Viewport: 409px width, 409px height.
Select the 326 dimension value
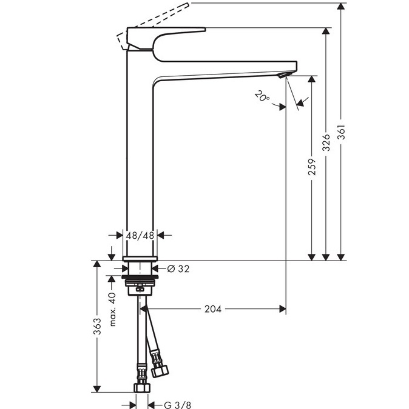pos(326,143)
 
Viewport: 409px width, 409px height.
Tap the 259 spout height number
pos(311,167)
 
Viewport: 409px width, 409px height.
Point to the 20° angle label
pos(262,96)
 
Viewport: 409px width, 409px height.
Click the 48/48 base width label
pos(140,236)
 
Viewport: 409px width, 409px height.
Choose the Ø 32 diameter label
pos(178,268)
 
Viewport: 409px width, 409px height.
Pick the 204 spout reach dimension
pos(213,309)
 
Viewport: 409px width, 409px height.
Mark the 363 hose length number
pos(97,326)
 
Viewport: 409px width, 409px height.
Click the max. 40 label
pos(112,310)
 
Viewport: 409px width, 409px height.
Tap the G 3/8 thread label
pos(178,405)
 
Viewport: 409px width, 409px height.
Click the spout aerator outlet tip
pos(283,76)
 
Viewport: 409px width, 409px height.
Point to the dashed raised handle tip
pos(188,4)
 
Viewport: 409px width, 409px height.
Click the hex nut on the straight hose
pos(142,388)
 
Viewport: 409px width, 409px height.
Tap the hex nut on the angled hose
pos(160,371)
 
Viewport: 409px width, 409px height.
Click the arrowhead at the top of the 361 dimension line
pos(340,6)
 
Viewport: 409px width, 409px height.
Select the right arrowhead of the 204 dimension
pos(283,309)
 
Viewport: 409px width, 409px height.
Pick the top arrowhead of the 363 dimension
pos(97,264)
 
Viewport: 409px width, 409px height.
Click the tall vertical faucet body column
pos(140,154)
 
